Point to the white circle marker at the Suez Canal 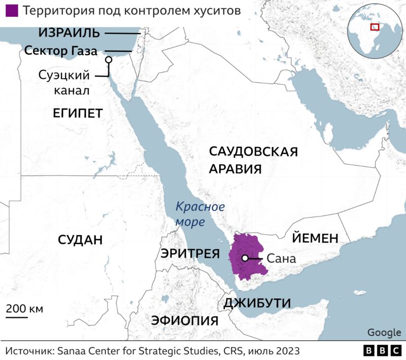[108, 60]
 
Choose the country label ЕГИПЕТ [78, 113]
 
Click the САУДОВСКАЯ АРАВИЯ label [253, 160]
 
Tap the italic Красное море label [199, 214]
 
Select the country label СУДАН [80, 239]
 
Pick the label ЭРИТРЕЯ [190, 254]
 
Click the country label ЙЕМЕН [314, 238]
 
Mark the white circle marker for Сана [245, 258]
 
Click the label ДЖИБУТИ [257, 303]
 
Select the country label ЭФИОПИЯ [185, 321]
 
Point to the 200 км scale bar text [24, 309]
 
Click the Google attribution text [384, 332]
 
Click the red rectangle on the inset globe [375, 27]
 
